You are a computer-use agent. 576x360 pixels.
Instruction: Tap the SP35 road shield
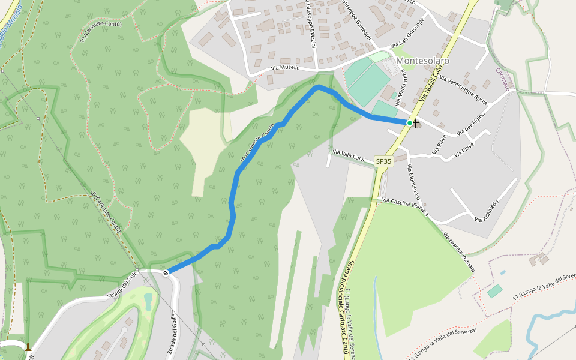coord(383,161)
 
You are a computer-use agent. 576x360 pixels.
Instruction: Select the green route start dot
coord(410,123)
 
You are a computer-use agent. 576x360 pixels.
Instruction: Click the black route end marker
coord(166,273)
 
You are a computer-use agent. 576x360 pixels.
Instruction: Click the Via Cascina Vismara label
coord(405,206)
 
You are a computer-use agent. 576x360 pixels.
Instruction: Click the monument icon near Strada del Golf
coord(28,346)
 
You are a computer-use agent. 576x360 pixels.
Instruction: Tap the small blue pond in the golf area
coord(148,298)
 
